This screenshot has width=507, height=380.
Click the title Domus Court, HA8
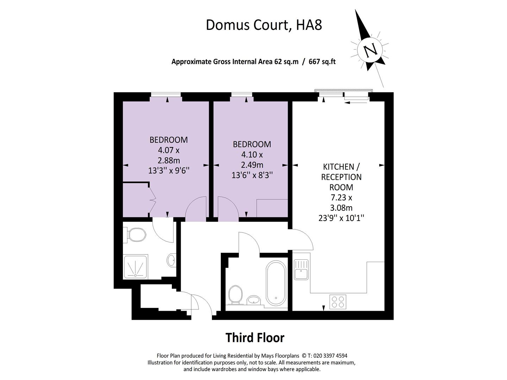tap(264, 25)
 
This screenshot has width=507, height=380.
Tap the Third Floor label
tap(255, 337)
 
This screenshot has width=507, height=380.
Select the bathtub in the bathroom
tap(275, 283)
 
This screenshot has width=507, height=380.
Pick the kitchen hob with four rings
tap(338, 302)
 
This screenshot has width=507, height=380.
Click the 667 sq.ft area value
tap(322, 62)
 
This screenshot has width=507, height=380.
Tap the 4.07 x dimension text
tap(169, 150)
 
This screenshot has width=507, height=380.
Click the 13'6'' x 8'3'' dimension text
tap(252, 175)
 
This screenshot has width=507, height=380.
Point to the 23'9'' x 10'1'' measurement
tap(341, 218)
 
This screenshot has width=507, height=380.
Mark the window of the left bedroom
tap(166, 94)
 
